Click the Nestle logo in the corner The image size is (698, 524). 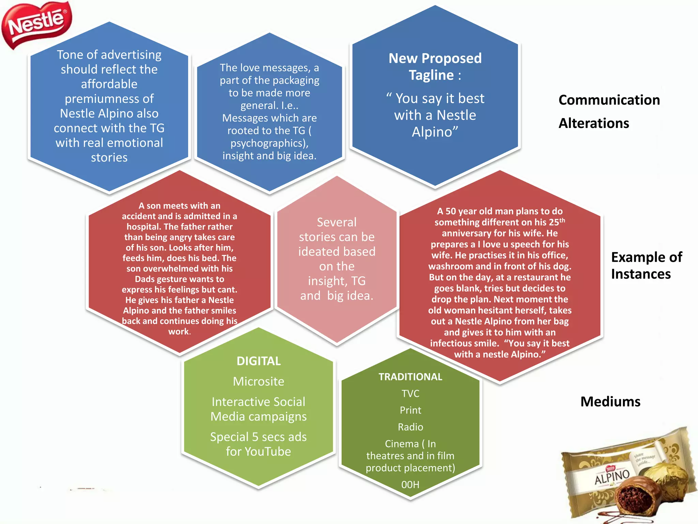point(37,25)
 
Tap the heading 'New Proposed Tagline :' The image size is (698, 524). point(435,67)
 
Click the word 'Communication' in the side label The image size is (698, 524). point(609,100)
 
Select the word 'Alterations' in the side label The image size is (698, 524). point(594,123)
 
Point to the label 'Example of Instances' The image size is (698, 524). point(647,265)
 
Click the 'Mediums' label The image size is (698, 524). point(610,402)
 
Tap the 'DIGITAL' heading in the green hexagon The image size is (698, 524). point(259,361)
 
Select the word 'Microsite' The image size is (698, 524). point(259,381)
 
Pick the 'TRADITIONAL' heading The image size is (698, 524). point(410,377)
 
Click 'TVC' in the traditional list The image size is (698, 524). point(410,394)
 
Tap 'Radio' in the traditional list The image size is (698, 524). point(410,427)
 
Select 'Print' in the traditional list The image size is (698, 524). point(410,410)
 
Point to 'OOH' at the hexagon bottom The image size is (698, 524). point(410,485)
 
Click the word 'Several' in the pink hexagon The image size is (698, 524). point(337,222)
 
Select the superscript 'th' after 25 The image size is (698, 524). point(562,220)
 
